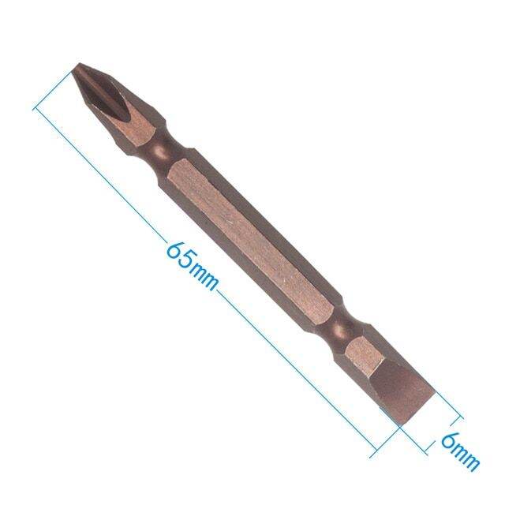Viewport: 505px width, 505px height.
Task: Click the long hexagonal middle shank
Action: pyautogui.click(x=252, y=237)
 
